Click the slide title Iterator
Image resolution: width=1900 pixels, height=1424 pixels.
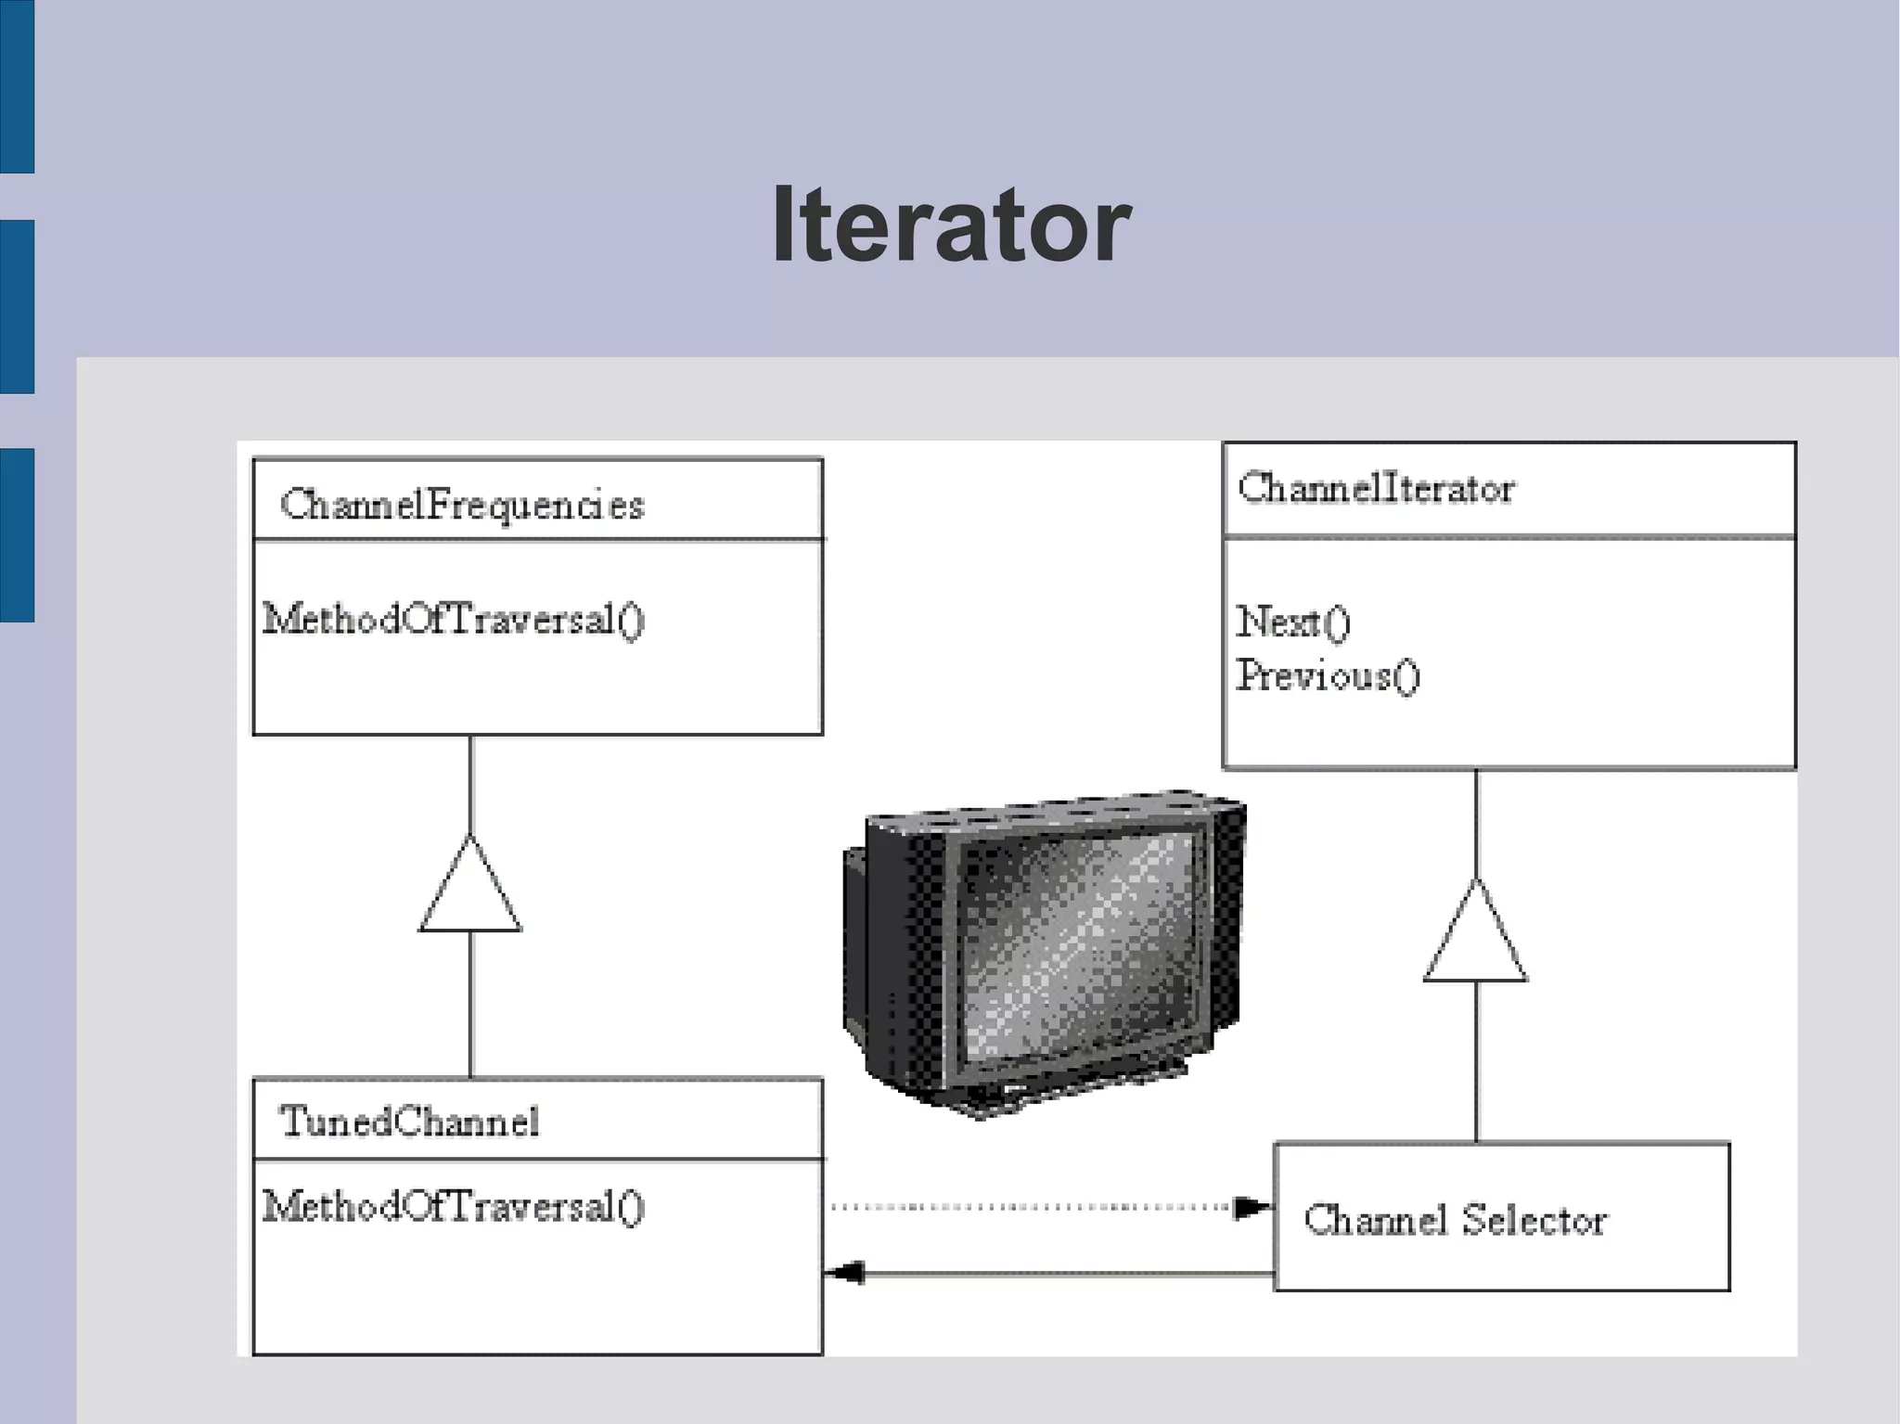951,225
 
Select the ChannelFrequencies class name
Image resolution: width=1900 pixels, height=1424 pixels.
462,506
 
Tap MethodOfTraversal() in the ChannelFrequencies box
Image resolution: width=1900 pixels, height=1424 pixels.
454,620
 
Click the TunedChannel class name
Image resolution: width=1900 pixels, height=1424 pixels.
409,1123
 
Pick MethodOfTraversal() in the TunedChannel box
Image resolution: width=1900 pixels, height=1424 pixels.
454,1207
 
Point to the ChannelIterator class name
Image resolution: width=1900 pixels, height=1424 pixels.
1377,489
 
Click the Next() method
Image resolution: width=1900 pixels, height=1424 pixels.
1293,622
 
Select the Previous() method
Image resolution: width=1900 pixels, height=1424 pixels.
1328,675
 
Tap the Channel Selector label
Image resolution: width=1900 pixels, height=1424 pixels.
1455,1220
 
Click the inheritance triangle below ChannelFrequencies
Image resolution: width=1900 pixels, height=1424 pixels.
470,891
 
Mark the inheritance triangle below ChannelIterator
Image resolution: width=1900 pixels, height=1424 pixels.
1476,937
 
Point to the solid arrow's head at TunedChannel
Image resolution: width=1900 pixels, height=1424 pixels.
844,1273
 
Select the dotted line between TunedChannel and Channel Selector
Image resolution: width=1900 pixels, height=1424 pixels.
1030,1208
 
